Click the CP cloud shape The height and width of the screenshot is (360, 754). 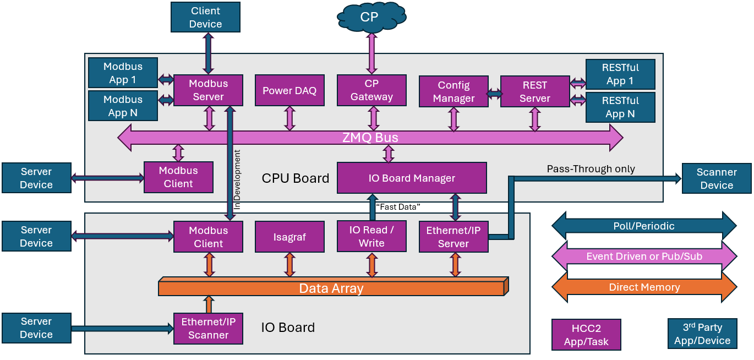370,17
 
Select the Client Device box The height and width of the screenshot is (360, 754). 205,18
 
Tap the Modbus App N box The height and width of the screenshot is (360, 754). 123,106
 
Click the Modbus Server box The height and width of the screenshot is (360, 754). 208,90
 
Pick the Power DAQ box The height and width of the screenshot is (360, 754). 289,91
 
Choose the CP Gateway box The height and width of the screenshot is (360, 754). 371,90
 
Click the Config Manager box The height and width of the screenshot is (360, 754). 454,92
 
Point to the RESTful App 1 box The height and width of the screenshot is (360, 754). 620,74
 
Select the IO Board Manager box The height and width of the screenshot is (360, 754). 412,178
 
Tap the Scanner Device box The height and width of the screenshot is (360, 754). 717,178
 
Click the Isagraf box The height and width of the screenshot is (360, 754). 289,237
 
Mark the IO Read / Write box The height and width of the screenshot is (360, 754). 371,236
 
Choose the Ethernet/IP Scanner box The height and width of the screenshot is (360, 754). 208,329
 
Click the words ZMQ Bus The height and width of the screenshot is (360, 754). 370,138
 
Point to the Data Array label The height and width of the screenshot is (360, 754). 331,288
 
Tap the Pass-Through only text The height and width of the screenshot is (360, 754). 591,169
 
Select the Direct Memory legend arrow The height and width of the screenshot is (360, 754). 644,287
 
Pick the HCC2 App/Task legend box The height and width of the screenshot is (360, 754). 586,335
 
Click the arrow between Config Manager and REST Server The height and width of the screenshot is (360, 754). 494,94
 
